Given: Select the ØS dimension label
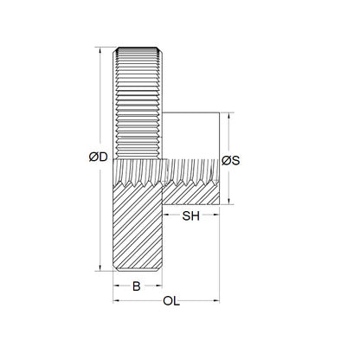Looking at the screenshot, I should tap(231, 160).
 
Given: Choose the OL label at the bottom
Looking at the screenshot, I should tap(172, 302).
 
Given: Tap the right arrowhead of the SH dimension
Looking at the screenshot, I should tap(216, 216).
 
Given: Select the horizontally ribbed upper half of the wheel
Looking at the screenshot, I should tap(137, 104).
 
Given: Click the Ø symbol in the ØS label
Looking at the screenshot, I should tap(226, 160).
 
